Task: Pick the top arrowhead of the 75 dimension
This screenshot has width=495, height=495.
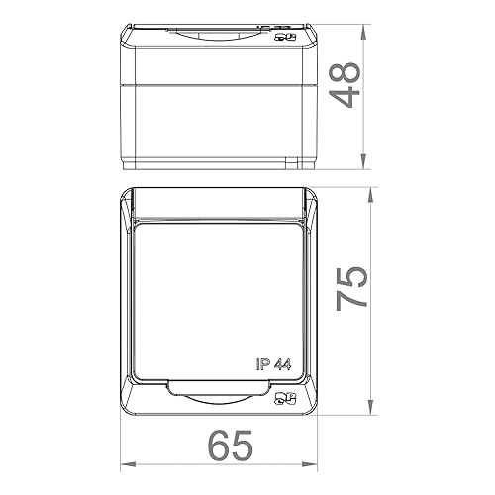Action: [x=366, y=188]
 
